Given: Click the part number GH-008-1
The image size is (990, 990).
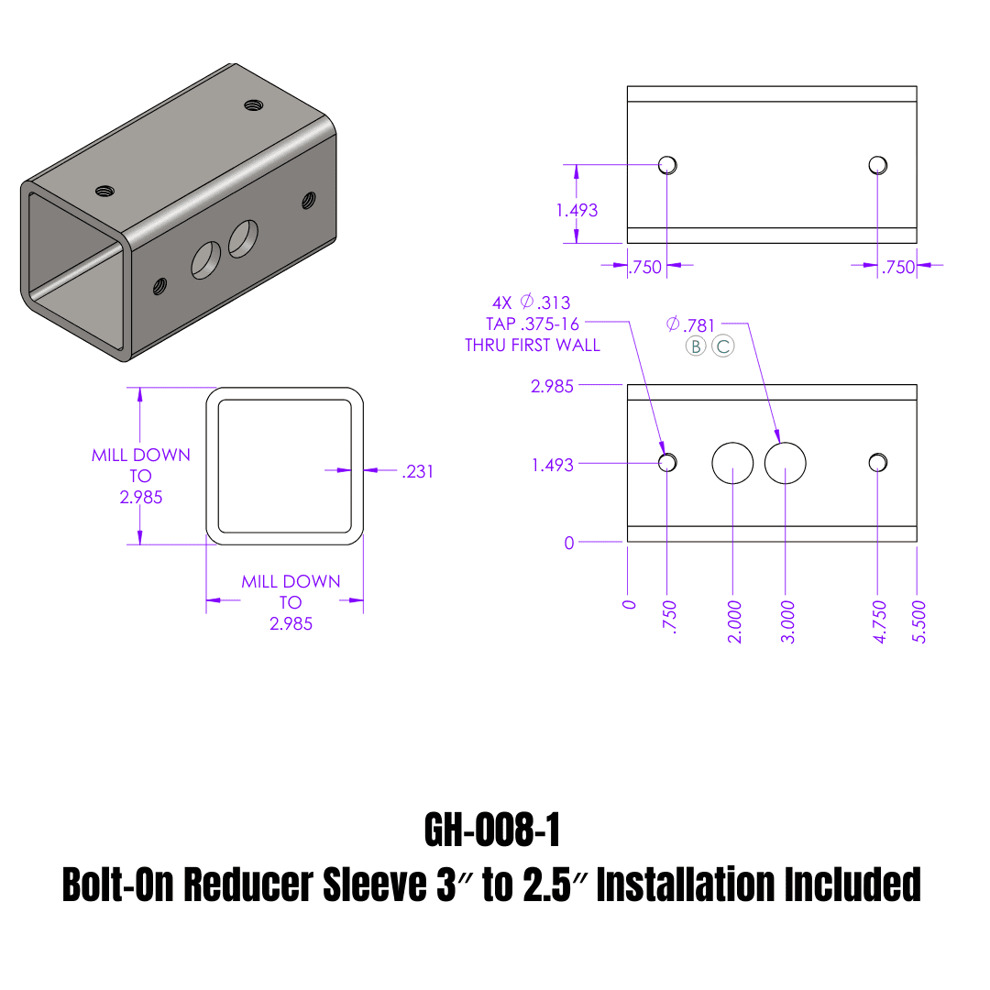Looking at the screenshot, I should [x=492, y=830].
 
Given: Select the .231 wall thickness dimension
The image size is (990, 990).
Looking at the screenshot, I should [x=417, y=471].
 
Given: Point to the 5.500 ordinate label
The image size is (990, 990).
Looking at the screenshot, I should [x=920, y=621].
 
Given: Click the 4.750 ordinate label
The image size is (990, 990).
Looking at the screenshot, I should [x=879, y=621].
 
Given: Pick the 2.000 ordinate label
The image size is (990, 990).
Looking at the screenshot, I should [x=734, y=621].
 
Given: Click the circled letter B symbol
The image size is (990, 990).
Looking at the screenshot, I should [x=696, y=346].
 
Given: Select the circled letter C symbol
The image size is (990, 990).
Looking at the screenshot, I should [x=722, y=346].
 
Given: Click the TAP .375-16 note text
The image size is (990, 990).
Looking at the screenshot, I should [x=533, y=324].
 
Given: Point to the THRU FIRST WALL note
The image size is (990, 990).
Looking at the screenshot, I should [x=532, y=346].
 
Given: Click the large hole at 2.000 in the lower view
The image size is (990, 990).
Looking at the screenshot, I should [x=732, y=463].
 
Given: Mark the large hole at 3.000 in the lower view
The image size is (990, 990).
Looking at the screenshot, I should [x=785, y=463].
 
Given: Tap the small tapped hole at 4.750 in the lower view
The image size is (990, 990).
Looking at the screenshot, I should [x=877, y=461].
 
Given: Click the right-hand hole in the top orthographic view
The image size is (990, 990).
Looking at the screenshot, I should [x=877, y=165].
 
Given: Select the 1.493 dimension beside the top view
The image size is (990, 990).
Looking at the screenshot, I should [x=577, y=210].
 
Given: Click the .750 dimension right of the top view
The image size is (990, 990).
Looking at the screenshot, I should [x=898, y=267].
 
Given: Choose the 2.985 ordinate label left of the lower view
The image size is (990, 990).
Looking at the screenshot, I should [x=552, y=386].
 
